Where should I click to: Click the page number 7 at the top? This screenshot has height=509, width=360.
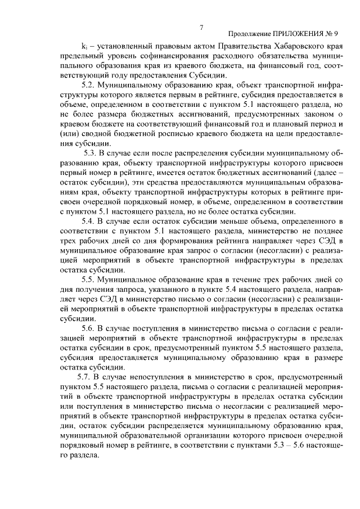click(x=201, y=28)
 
